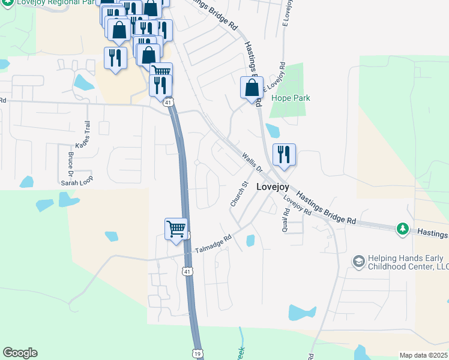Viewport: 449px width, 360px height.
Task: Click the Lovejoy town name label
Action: coord(273,187)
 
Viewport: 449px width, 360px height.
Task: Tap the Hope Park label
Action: coord(286,97)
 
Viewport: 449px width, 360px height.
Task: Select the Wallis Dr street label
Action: coord(253,163)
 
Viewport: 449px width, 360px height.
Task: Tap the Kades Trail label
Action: coord(82,136)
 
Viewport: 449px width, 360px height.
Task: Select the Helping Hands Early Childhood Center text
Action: coord(400,262)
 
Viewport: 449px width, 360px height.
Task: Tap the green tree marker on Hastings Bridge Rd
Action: coord(402,229)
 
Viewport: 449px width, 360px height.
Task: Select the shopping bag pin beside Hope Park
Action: coord(252,88)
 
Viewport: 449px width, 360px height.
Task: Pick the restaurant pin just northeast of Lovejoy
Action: coord(283,155)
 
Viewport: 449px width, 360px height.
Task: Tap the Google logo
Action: coord(20,353)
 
